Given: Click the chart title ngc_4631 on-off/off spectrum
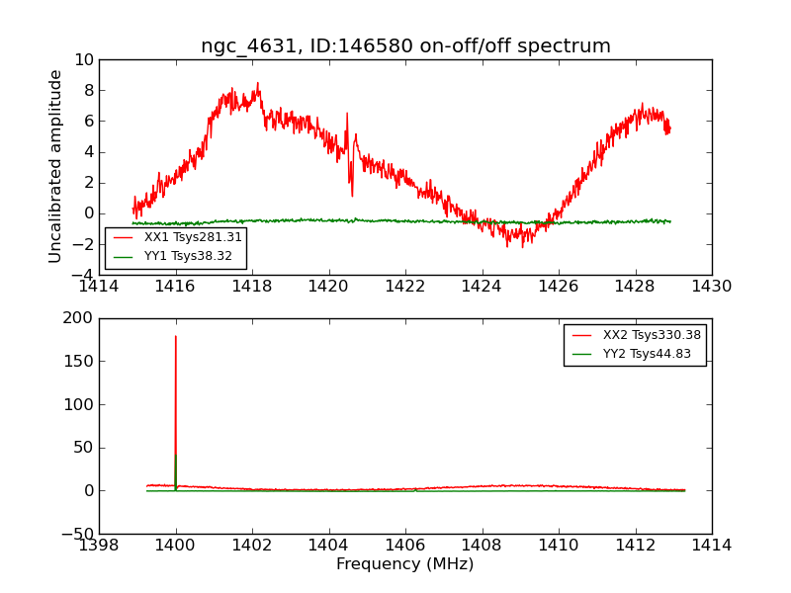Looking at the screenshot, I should (x=405, y=46).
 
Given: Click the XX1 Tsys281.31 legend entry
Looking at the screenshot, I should (x=193, y=237).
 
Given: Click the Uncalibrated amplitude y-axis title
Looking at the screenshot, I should (x=56, y=166).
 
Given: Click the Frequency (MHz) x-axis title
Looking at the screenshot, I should (x=405, y=564).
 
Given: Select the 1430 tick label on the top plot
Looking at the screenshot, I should (x=711, y=287).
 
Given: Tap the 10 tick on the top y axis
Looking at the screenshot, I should (x=83, y=60).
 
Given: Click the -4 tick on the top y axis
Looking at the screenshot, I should (x=79, y=275).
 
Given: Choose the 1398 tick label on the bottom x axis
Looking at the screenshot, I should (x=99, y=545).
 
